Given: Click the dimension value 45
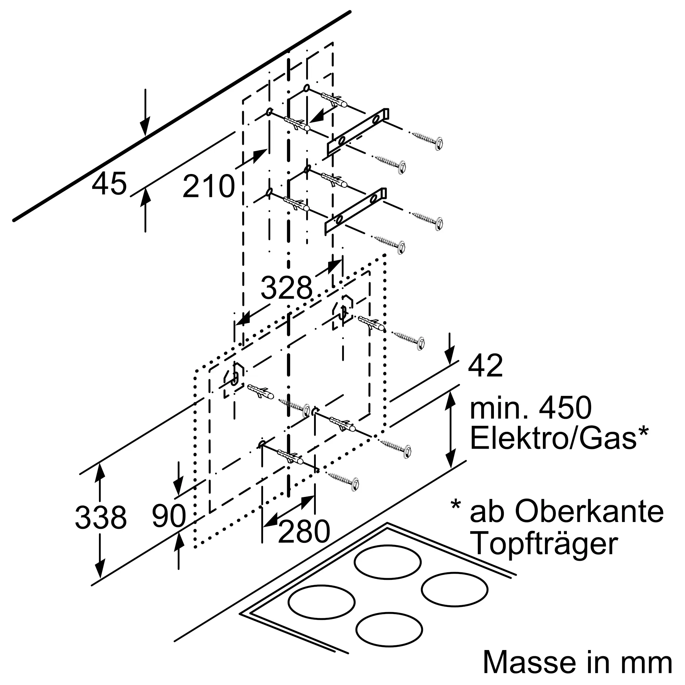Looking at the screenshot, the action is click(109, 184).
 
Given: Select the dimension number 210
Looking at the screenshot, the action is click(209, 186).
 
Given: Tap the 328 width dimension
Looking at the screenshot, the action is click(286, 288).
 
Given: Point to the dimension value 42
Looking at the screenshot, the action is click(485, 365).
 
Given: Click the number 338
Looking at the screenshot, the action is click(101, 517).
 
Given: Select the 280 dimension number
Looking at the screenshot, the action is click(304, 532).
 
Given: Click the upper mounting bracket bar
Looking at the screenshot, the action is click(357, 132).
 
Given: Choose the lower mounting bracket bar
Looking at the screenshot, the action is click(355, 212).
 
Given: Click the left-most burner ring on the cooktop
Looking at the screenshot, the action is click(322, 602).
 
